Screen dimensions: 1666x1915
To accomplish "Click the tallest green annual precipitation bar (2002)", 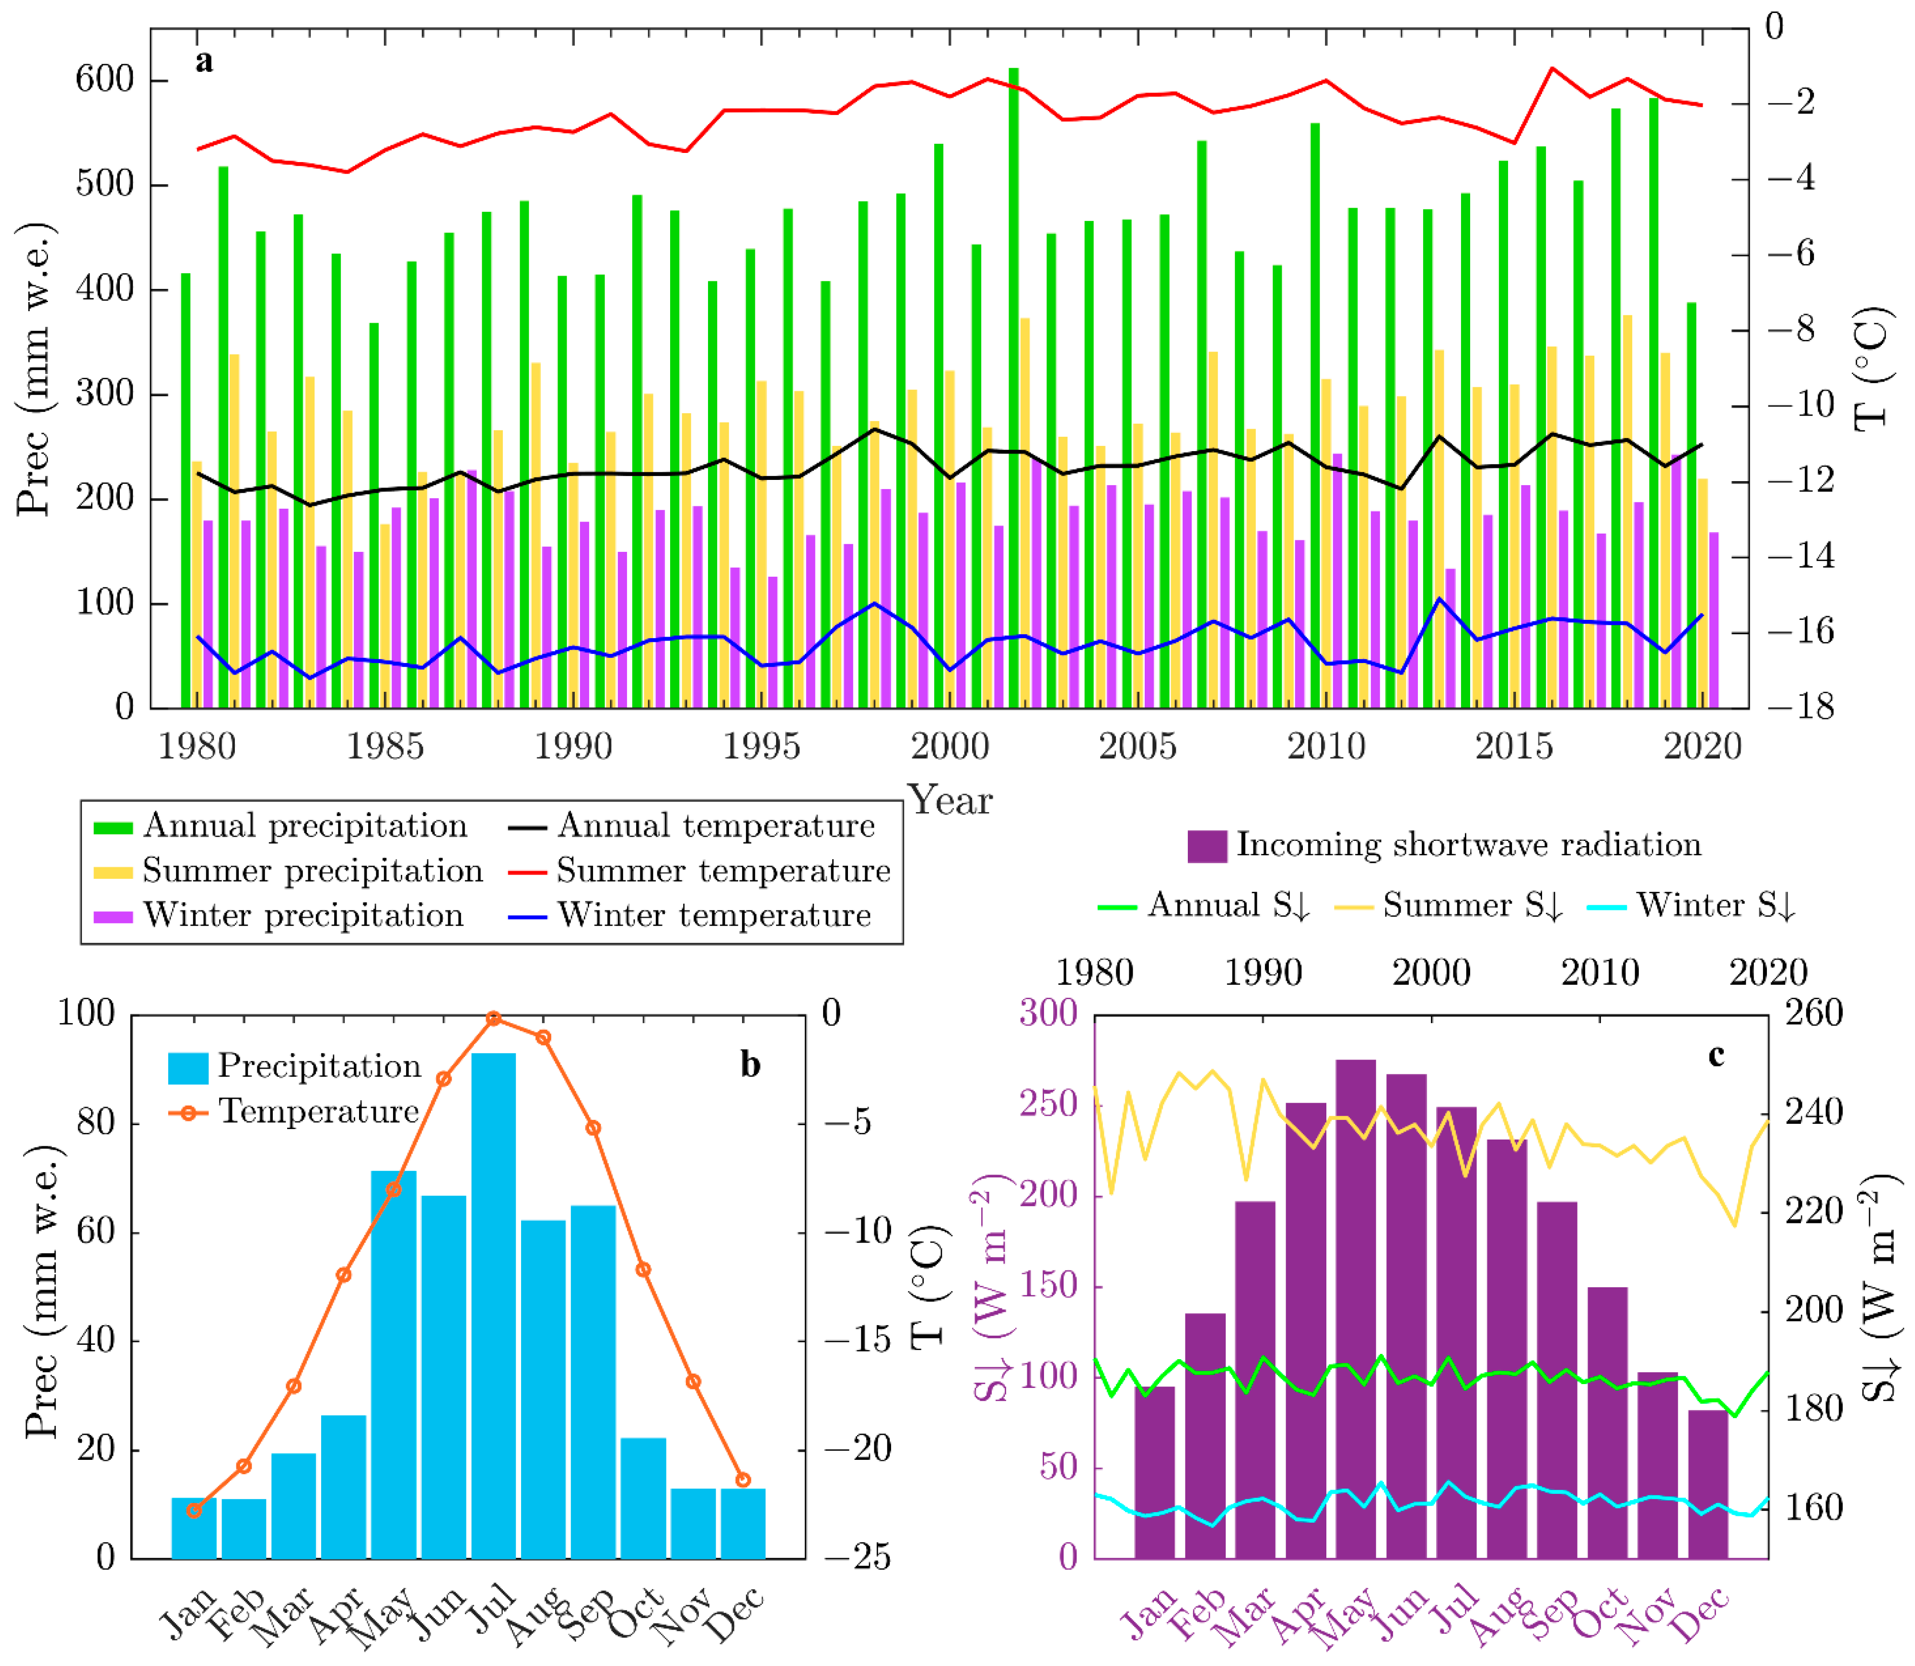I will point(1013,390).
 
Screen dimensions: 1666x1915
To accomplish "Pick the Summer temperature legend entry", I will point(723,871).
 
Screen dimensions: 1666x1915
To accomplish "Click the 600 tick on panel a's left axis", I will point(104,80).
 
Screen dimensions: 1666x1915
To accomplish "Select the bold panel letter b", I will point(750,1064).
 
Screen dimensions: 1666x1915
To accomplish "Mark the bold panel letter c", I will point(1716,1055).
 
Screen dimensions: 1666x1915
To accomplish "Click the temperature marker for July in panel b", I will point(494,1019).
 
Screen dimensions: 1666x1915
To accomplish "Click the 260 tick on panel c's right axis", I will point(1813,1014).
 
